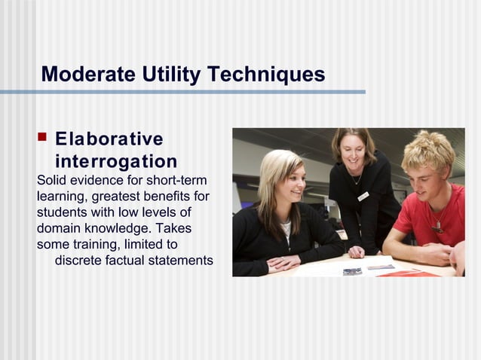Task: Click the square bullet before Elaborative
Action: coord(42,138)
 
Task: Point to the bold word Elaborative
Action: coord(109,139)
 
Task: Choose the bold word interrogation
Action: coord(116,161)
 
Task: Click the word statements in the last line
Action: coord(181,261)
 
